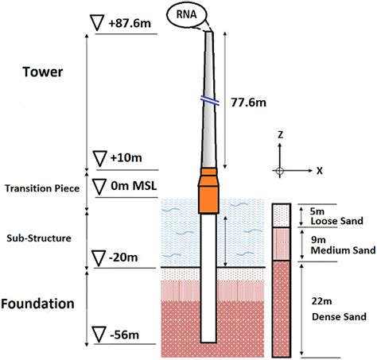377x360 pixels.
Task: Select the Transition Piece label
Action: [43, 188]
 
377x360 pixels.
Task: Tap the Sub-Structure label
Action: [39, 237]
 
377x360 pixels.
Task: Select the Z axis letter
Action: [279, 136]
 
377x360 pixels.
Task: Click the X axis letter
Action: [320, 170]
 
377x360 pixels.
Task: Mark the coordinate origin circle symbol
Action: [280, 171]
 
